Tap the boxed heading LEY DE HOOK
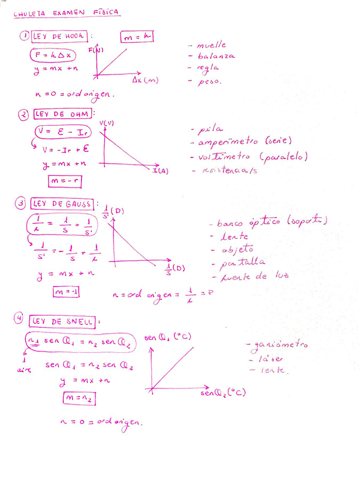tap(59, 36)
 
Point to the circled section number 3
tap(20, 204)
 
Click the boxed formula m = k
tap(137, 37)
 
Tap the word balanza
tap(216, 56)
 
